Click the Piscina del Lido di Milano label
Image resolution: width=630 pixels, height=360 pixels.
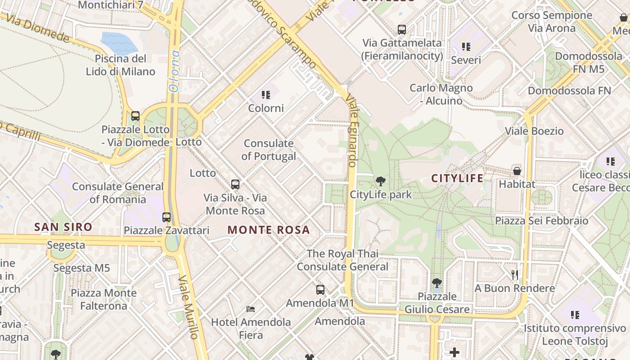click(121, 65)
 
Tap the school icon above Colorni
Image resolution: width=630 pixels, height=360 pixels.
click(266, 95)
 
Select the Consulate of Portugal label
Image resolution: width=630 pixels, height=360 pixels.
click(269, 150)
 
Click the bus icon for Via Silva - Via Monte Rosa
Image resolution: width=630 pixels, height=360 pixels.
click(235, 184)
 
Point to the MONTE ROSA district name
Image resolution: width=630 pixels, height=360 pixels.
click(269, 230)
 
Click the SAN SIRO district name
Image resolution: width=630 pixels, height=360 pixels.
click(63, 227)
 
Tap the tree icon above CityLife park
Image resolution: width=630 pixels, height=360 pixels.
click(381, 182)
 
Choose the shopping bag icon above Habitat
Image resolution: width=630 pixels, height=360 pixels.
click(517, 171)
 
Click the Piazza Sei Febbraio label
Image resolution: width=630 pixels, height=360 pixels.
click(542, 220)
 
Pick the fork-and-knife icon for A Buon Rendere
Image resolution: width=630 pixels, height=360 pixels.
click(515, 274)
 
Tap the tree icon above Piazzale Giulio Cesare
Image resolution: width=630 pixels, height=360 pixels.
click(436, 283)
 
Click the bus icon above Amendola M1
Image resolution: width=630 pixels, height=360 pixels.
click(320, 290)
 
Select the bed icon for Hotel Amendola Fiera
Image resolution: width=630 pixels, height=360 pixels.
click(251, 309)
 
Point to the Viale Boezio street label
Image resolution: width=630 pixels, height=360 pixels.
click(534, 131)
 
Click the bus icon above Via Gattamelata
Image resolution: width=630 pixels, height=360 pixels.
click(402, 30)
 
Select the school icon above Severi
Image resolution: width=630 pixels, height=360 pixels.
click(466, 46)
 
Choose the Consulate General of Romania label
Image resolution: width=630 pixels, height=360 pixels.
click(118, 193)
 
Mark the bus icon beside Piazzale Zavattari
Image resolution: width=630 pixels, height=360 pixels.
click(166, 217)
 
